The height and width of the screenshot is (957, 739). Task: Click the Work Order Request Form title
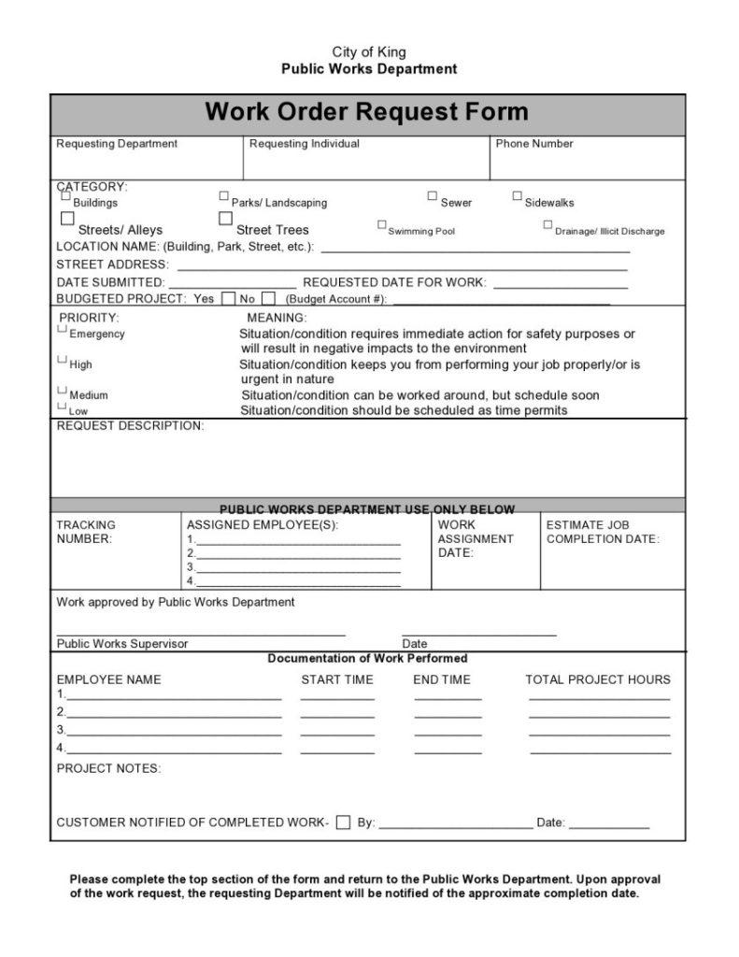(x=366, y=113)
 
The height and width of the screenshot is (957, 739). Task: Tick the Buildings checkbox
(x=66, y=196)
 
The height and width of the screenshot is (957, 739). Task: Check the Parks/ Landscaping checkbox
(x=224, y=196)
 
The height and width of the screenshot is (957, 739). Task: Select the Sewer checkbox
(x=433, y=196)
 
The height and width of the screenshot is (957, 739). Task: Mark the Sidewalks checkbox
(x=517, y=196)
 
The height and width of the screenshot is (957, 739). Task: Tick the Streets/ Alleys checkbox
(x=67, y=219)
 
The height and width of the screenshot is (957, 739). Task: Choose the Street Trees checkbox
(x=225, y=219)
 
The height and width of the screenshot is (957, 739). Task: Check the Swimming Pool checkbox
(x=382, y=225)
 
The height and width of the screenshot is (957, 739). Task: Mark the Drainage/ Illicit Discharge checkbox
(x=547, y=225)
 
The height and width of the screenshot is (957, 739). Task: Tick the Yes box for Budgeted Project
(x=228, y=299)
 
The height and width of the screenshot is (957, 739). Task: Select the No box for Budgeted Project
(x=268, y=299)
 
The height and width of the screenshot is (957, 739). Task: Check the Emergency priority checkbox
(x=63, y=329)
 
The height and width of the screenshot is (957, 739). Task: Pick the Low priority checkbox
(x=63, y=407)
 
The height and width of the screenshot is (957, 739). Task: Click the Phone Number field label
(x=534, y=144)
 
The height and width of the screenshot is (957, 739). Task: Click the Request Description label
(x=130, y=426)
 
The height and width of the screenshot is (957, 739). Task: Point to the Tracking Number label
(x=86, y=532)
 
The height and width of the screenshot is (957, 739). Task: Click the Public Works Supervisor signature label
(x=122, y=644)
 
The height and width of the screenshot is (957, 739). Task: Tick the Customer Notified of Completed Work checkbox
(x=343, y=823)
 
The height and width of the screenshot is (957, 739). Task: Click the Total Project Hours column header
(x=598, y=679)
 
